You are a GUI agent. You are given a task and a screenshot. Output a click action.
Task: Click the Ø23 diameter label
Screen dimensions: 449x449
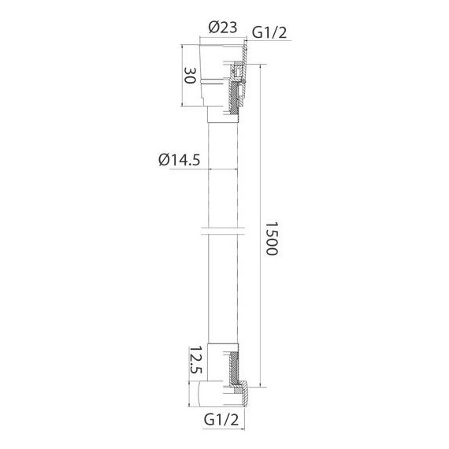coord(223,28)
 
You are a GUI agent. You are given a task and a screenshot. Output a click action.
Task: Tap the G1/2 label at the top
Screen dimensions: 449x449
coord(268,32)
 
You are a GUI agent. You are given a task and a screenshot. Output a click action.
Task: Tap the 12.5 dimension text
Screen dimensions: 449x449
coord(190,363)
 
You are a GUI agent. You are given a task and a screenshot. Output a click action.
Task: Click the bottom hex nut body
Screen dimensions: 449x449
coord(217,392)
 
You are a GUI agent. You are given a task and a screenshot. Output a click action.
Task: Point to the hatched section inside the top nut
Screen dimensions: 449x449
coord(236,95)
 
